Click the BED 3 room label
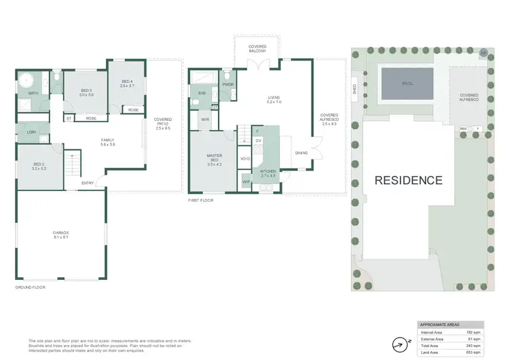pyautogui.click(x=86, y=92)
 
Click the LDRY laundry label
pyautogui.click(x=31, y=132)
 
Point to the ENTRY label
pyautogui.click(x=88, y=183)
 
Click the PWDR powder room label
pyautogui.click(x=228, y=85)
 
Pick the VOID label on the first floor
pyautogui.click(x=245, y=159)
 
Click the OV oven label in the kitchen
pyautogui.click(x=258, y=141)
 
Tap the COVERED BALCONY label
pyautogui.click(x=257, y=49)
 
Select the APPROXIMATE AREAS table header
pyautogui.click(x=440, y=325)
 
